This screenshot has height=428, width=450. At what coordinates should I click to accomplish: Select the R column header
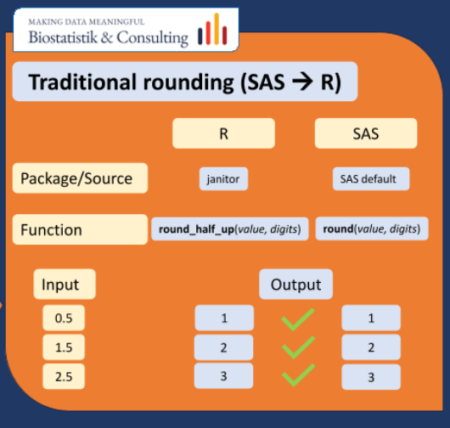(x=223, y=134)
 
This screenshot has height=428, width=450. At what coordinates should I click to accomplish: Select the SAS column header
(x=366, y=134)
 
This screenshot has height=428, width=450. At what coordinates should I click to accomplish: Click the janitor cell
(x=223, y=179)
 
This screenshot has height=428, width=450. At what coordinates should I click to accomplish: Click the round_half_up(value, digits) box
(x=229, y=229)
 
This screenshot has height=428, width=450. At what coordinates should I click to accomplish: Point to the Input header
(x=64, y=285)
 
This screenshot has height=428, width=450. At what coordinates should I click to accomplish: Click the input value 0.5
(x=64, y=318)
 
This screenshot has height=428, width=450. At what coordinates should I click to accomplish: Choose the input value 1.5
(x=64, y=347)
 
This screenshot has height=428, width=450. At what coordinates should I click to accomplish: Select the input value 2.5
(x=64, y=375)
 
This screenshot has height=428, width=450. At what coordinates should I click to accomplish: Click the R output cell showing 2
(x=223, y=347)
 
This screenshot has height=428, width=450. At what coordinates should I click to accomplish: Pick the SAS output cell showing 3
(x=370, y=375)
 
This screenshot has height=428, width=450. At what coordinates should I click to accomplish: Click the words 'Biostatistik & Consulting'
(x=108, y=37)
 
